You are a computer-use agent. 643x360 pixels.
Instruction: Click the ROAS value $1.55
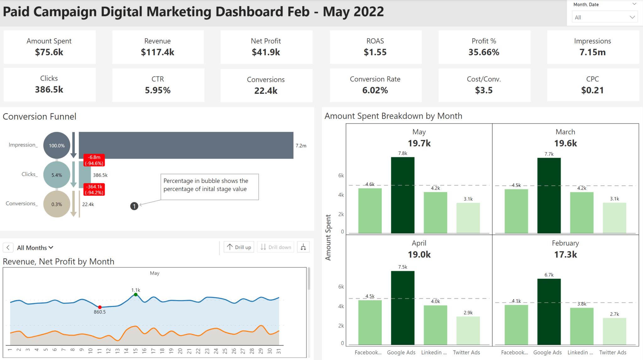tap(375, 52)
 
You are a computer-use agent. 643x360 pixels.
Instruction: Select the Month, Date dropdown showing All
tap(604, 17)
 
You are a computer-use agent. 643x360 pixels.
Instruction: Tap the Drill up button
tap(239, 247)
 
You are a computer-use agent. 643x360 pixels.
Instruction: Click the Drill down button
tap(276, 247)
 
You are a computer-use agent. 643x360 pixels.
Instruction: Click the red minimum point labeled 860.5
tap(100, 307)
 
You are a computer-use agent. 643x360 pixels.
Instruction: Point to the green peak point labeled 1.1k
tap(136, 294)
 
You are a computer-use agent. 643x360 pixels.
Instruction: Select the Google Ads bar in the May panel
tap(403, 195)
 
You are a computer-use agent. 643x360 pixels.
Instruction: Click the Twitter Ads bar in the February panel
tap(614, 331)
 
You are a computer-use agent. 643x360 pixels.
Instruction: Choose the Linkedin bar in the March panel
tap(581, 212)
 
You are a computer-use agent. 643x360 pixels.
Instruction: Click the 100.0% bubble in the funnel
tap(57, 145)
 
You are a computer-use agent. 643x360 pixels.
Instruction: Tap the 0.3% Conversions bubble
tap(57, 204)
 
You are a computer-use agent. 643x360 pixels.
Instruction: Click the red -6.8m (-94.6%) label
tap(94, 160)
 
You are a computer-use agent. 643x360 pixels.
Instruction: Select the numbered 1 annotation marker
tap(134, 206)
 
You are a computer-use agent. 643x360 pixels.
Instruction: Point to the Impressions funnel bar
tap(186, 145)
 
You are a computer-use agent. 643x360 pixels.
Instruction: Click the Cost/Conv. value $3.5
tap(484, 90)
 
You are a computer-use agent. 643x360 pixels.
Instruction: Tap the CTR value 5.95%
tap(158, 90)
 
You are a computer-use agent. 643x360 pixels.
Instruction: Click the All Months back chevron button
tap(8, 247)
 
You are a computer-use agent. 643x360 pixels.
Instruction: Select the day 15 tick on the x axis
tap(135, 351)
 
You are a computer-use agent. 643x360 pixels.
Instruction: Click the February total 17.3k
tap(565, 254)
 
